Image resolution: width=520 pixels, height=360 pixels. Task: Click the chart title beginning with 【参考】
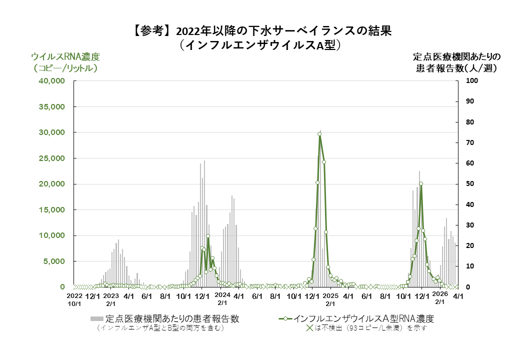(x=260, y=31)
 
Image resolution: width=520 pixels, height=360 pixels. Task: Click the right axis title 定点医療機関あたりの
(x=457, y=56)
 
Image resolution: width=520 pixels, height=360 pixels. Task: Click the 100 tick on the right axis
(x=472, y=81)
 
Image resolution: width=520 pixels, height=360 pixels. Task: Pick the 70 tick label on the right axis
(x=471, y=143)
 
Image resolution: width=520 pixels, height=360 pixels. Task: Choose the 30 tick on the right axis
(x=471, y=225)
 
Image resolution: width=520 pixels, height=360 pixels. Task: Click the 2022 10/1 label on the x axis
(x=74, y=299)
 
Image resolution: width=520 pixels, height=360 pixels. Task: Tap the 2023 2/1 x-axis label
(x=110, y=299)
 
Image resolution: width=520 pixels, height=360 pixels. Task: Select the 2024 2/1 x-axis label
(x=222, y=299)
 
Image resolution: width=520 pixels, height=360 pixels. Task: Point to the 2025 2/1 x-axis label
(x=330, y=299)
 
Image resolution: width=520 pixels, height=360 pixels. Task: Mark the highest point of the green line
(x=319, y=134)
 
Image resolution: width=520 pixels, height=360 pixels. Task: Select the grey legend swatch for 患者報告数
(x=97, y=318)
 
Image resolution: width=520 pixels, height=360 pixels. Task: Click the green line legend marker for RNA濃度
(x=285, y=318)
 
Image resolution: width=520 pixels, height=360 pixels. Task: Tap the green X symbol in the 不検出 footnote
(x=309, y=328)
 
